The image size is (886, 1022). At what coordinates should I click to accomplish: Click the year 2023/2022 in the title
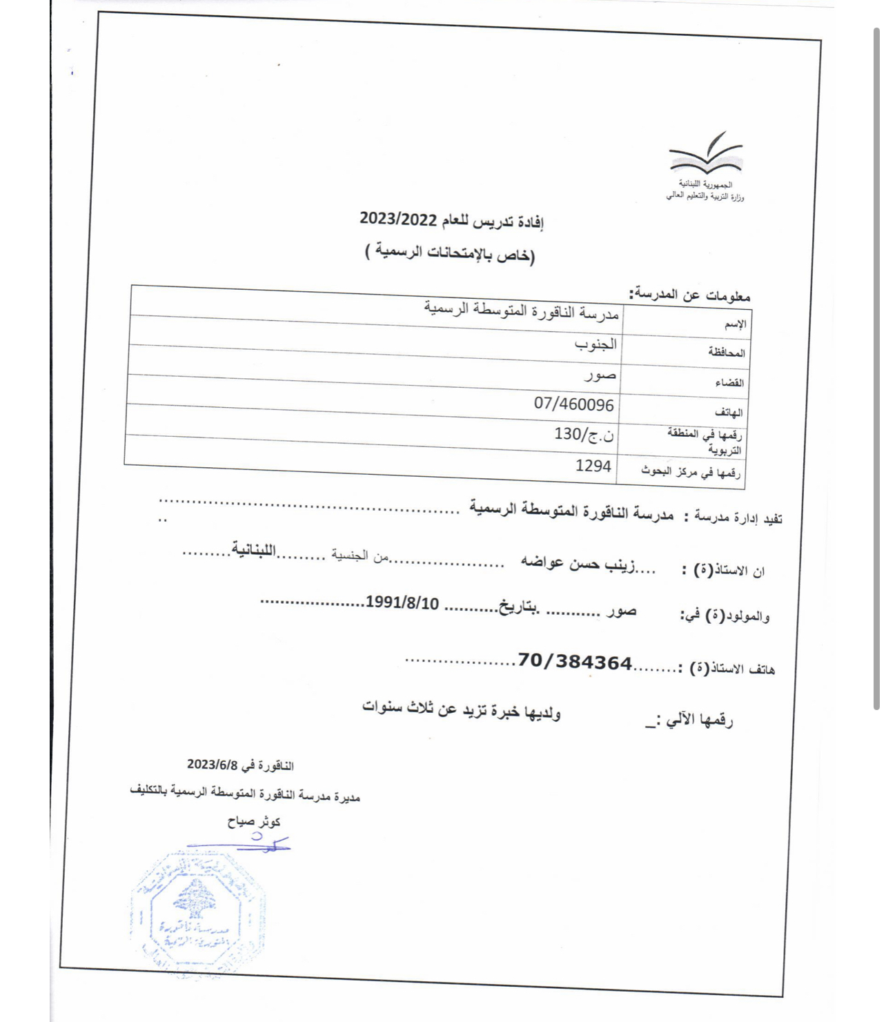tap(398, 219)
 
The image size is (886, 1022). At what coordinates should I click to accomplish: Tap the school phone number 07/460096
tap(573, 404)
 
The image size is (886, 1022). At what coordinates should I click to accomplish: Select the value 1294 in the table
tap(593, 466)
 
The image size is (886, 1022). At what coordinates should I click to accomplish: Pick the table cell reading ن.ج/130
tap(584, 434)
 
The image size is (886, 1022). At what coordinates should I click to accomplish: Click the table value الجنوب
tap(595, 344)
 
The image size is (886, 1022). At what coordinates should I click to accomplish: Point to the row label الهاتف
tap(729, 412)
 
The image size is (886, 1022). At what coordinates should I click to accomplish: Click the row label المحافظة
tap(727, 353)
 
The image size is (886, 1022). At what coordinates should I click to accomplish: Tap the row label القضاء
tap(729, 382)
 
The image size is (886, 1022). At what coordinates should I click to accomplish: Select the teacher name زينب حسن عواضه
tap(578, 563)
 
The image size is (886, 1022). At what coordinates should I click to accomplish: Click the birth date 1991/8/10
tap(402, 602)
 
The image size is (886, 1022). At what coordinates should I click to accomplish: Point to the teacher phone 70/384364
tap(575, 662)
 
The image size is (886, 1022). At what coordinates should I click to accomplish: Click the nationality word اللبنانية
tap(253, 550)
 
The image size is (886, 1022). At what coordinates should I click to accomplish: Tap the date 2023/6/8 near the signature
tap(212, 765)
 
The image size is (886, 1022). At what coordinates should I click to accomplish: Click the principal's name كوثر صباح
tap(254, 821)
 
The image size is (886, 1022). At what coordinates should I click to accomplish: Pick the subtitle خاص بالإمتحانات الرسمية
tap(450, 253)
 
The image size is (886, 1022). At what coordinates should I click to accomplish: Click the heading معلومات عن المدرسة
tap(689, 295)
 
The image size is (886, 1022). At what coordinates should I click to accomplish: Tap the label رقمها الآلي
tap(698, 720)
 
